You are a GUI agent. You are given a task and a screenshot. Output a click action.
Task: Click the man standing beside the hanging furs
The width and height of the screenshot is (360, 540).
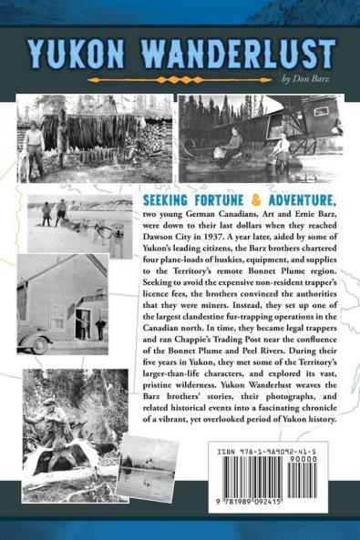[x=33, y=143]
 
